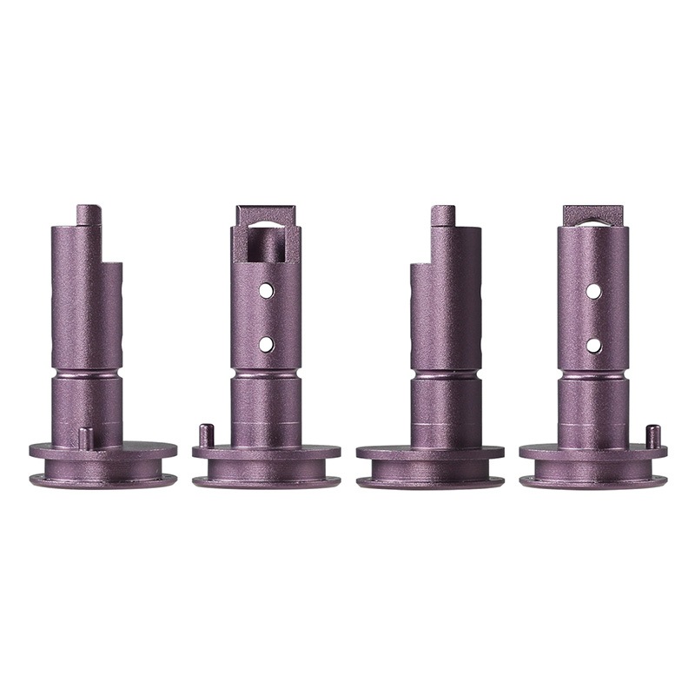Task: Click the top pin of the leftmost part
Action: click(89, 215)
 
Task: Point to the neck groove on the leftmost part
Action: click(87, 374)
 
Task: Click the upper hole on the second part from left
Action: click(267, 290)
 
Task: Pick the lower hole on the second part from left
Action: click(267, 345)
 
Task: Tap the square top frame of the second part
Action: click(266, 215)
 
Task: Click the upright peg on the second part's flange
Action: click(206, 434)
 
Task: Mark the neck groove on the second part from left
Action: click(266, 374)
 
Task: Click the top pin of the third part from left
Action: click(443, 215)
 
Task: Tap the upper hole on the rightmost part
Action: click(593, 291)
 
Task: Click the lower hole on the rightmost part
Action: click(593, 345)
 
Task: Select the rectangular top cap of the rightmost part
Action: click(593, 214)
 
